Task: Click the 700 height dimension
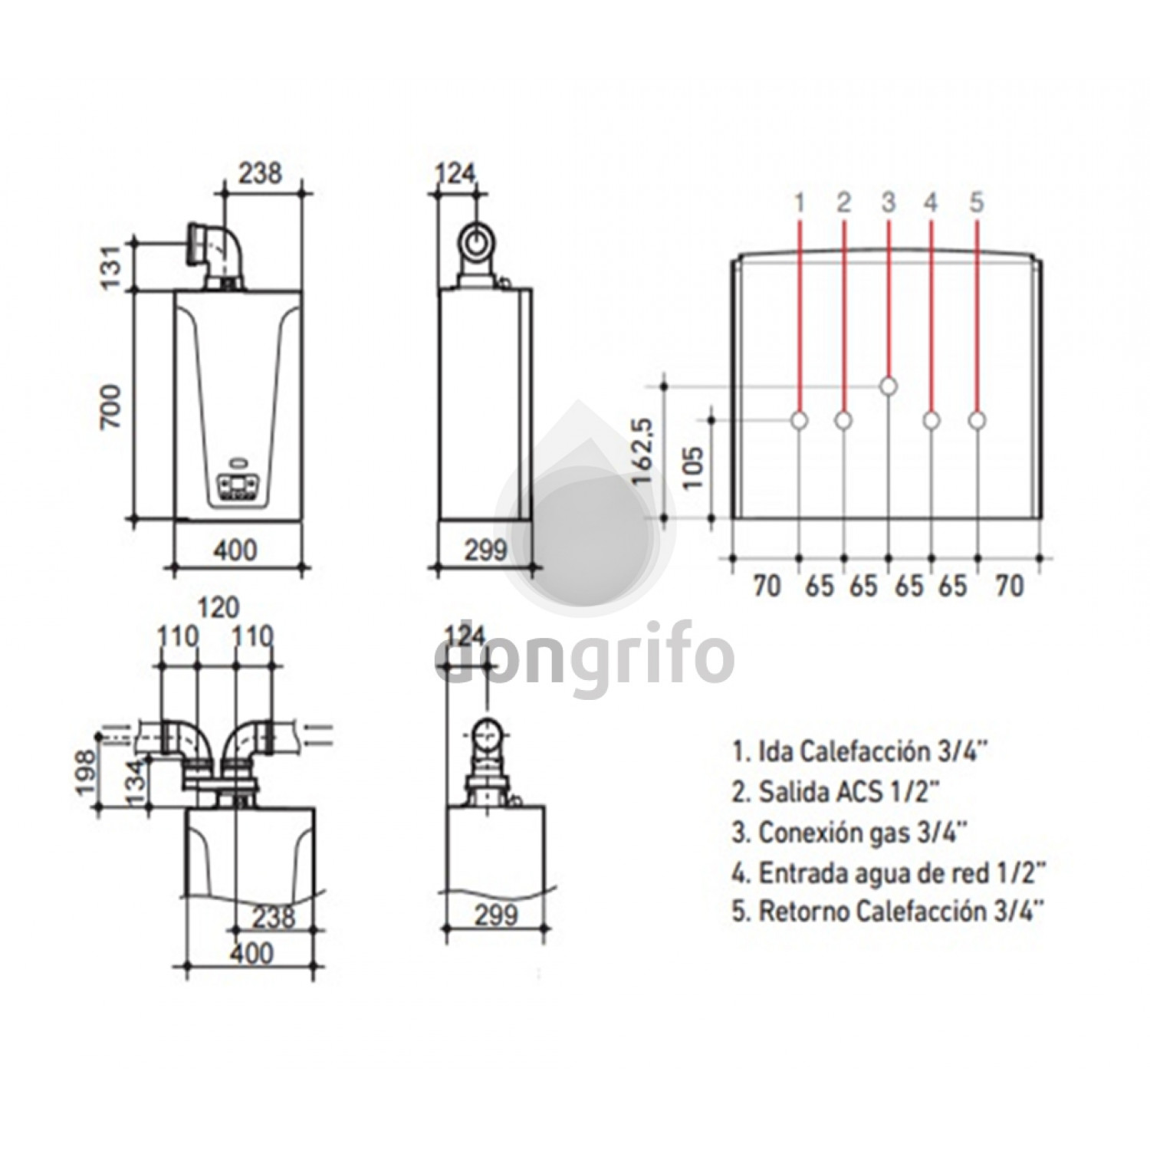(x=112, y=406)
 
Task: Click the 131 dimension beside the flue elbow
(x=112, y=265)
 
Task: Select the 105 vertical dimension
(x=692, y=468)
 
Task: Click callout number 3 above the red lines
(x=889, y=202)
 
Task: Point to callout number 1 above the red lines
(x=800, y=202)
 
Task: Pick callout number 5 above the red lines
(x=976, y=202)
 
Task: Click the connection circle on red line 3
(x=889, y=386)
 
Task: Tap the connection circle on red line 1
(x=800, y=420)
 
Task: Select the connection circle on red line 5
(x=977, y=420)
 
